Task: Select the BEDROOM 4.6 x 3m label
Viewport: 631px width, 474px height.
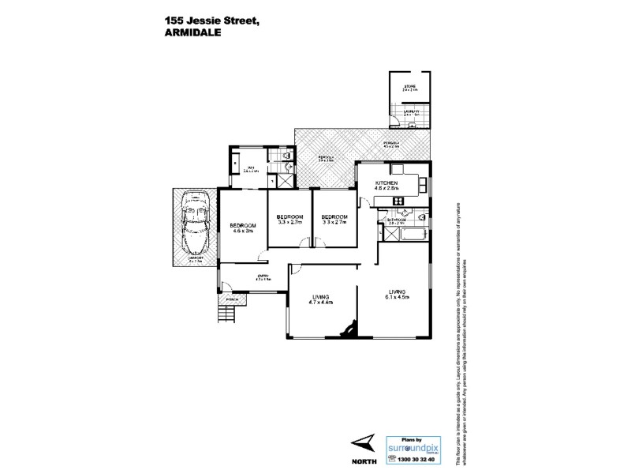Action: (x=242, y=228)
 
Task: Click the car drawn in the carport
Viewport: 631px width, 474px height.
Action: (x=193, y=224)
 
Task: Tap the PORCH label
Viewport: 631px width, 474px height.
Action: (x=232, y=299)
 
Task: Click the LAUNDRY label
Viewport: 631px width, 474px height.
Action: (x=411, y=112)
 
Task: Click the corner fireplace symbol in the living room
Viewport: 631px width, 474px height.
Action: (x=346, y=329)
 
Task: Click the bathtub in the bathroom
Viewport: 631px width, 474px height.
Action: (x=416, y=235)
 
